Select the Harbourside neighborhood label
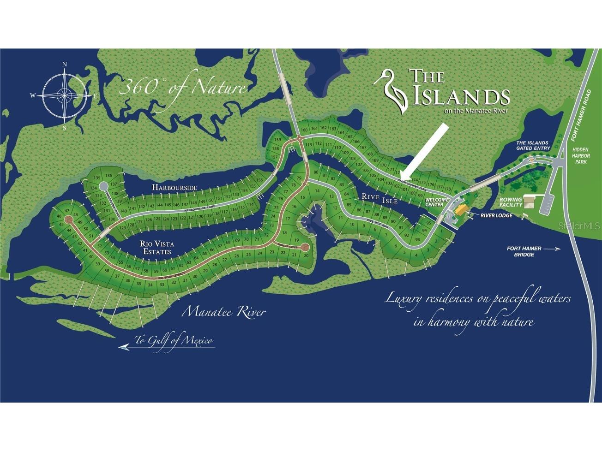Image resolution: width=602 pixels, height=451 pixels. [175, 188]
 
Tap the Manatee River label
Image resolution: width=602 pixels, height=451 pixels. [224, 312]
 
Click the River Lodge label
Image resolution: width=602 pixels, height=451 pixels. [496, 215]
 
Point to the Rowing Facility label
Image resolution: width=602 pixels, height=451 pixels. [510, 202]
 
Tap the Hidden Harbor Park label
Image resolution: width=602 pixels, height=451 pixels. [581, 156]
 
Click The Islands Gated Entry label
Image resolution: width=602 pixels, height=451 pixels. [533, 145]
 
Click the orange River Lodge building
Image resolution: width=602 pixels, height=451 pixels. [461, 209]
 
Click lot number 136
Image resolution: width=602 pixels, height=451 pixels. [108, 176]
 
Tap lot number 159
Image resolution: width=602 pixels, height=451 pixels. [277, 140]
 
